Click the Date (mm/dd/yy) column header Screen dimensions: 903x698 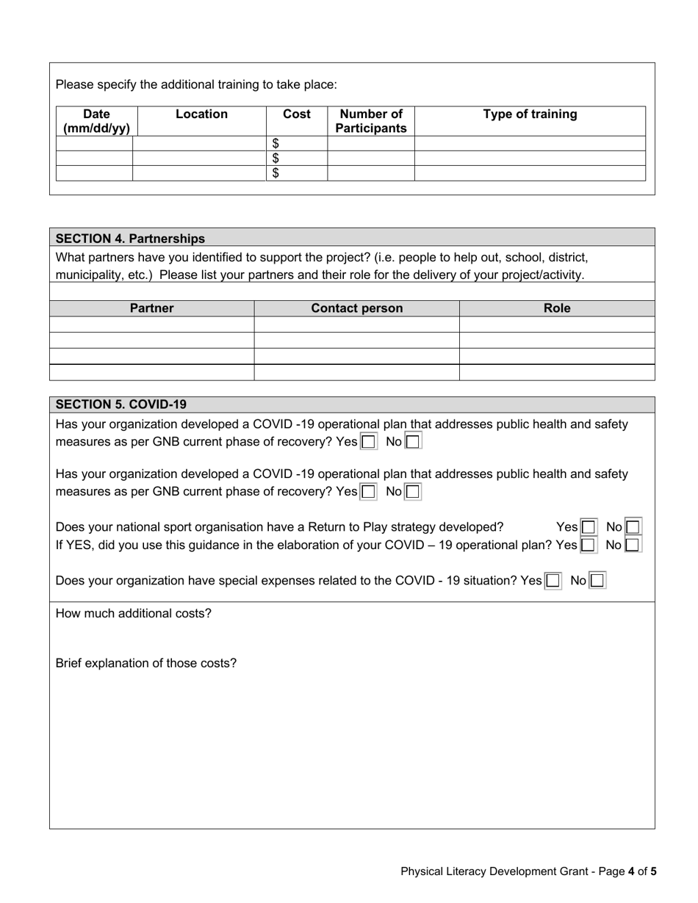click(96, 121)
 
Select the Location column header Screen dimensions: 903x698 click(201, 115)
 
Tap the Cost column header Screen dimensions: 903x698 click(297, 115)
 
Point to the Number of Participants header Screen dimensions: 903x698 click(370, 121)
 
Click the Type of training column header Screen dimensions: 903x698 click(530, 115)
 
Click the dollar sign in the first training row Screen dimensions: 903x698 click(276, 144)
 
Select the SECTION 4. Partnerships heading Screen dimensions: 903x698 click(130, 239)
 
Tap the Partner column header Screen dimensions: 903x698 click(151, 308)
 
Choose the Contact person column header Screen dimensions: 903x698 click(357, 308)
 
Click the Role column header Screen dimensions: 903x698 click(556, 308)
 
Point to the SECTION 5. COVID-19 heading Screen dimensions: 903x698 click(121, 405)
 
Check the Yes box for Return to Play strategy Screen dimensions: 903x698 click(588, 527)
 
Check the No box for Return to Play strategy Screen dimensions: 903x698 click(633, 527)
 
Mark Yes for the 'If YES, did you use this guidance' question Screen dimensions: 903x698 click(588, 545)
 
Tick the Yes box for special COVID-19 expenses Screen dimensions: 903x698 click(553, 581)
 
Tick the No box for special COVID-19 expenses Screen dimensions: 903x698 click(597, 581)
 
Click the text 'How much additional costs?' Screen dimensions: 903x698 click(134, 614)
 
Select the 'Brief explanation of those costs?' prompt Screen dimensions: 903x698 click(146, 664)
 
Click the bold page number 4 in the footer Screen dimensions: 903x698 click(631, 872)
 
